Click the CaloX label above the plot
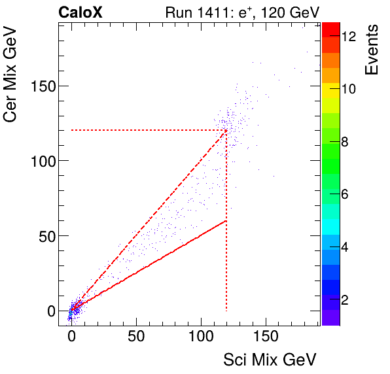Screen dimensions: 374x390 click(x=80, y=12)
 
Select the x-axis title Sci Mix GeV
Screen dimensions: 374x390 click(x=270, y=360)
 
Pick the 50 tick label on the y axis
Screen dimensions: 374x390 click(x=47, y=236)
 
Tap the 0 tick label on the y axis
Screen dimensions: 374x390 click(x=50, y=311)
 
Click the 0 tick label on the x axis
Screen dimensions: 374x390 click(x=71, y=337)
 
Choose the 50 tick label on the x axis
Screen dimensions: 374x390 click(x=136, y=337)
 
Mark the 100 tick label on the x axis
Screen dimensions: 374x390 click(x=201, y=337)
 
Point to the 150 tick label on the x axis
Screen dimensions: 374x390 click(x=266, y=337)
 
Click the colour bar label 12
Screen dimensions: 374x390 click(x=349, y=37)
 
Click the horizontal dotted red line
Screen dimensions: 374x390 click(x=144, y=130)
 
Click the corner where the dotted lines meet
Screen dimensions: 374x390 click(x=226, y=130)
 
